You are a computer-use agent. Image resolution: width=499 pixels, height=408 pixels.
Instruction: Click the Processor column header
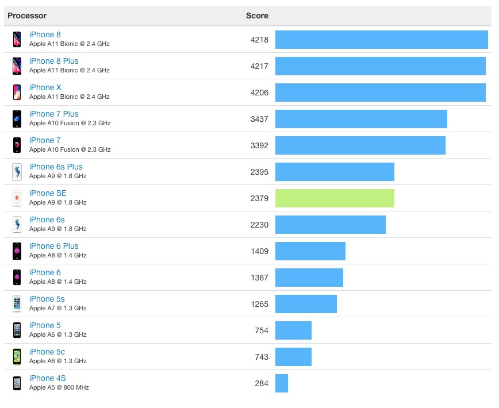coord(27,16)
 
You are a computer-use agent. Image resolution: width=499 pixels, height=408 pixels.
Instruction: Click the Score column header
coord(257,16)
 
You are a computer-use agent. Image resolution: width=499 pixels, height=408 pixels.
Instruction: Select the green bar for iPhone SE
coord(335,198)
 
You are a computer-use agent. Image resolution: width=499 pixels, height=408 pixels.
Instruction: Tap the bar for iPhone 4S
coord(282,383)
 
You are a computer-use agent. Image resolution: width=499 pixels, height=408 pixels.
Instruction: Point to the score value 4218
coord(259,40)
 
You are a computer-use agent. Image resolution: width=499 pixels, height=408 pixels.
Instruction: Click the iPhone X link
coord(45,87)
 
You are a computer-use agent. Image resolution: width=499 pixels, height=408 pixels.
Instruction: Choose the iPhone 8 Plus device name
coord(54,61)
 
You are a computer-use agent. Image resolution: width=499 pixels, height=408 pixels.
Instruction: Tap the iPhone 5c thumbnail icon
coord(17,357)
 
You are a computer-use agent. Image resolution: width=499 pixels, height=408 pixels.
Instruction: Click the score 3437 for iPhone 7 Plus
coord(259,119)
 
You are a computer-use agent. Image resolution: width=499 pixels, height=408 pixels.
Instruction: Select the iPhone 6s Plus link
coord(56,167)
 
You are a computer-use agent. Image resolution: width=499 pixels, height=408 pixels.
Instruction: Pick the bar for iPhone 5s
coord(306,304)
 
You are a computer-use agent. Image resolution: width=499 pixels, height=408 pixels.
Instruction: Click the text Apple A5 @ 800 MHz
coord(59,387)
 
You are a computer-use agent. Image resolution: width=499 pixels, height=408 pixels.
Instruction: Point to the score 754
coord(262,330)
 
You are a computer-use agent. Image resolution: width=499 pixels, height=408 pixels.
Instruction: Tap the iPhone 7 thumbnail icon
coord(17,145)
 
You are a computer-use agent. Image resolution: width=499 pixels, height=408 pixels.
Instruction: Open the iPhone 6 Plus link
coord(54,246)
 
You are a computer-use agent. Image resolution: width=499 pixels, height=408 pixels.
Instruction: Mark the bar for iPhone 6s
coord(331,225)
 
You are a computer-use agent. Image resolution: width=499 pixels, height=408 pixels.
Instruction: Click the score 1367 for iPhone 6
coord(259,278)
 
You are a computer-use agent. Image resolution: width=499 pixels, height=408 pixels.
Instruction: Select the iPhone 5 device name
coord(45,325)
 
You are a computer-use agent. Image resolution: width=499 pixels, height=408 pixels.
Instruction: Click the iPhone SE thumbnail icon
coord(17,198)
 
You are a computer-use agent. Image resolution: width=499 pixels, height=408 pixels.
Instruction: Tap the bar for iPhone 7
coord(360,145)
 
